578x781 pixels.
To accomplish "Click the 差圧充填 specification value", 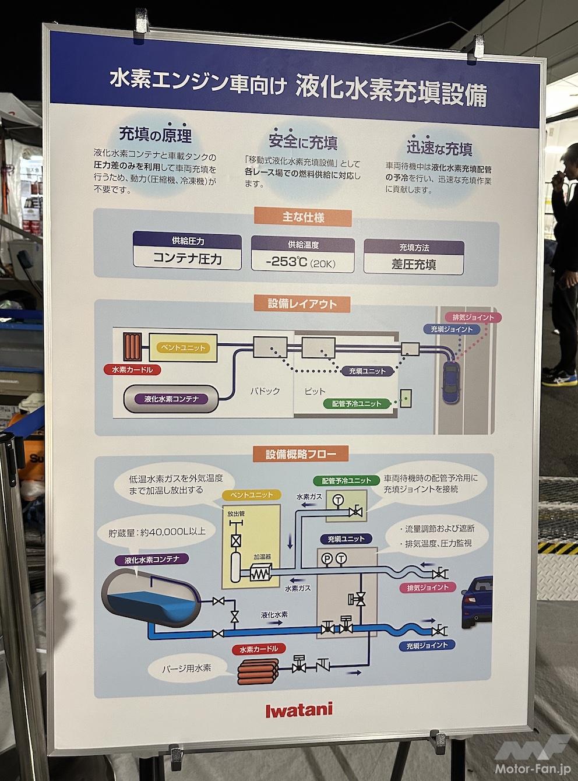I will pos(414,263).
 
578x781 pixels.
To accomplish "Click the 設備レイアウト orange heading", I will pos(302,304).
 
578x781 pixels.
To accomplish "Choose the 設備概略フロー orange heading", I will pos(298,453).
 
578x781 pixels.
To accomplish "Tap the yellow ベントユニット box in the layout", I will pos(182,348).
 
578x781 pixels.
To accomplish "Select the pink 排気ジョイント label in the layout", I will pos(473,318).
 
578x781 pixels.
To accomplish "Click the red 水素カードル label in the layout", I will pos(132,370).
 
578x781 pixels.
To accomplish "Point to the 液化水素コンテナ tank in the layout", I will pos(172,399).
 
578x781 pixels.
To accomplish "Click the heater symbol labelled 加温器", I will pos(258,573).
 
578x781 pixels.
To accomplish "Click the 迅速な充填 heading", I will pos(439,149).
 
